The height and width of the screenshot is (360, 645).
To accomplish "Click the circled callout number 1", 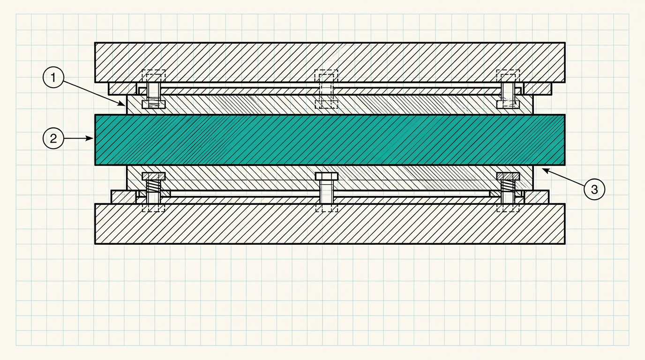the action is tap(53, 77).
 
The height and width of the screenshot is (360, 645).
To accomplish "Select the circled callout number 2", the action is tap(53, 139).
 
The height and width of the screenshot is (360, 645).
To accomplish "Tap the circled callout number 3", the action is tap(594, 189).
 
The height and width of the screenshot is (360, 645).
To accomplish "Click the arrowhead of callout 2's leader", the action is tap(93, 139).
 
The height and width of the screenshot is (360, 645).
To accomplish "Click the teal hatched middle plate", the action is tap(330, 140).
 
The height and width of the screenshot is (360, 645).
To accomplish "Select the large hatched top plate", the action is tap(330, 62).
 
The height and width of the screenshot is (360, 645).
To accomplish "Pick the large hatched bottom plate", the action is tap(330, 224).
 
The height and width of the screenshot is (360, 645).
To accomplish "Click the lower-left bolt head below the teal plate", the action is tap(154, 176).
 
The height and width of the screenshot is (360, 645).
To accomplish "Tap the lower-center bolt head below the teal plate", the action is tap(327, 176).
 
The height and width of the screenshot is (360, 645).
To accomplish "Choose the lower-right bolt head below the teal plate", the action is tap(508, 176).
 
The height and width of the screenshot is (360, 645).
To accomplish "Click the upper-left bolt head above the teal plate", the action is tap(154, 104).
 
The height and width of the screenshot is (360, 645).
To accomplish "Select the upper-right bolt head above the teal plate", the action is tap(508, 104).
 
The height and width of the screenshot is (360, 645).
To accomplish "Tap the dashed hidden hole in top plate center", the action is tap(326, 76).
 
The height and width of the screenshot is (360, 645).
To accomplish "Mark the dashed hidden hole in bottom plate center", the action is tap(327, 208).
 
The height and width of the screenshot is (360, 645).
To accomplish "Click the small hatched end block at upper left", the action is tap(122, 89).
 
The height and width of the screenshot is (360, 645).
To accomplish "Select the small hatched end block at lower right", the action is tap(536, 197).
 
